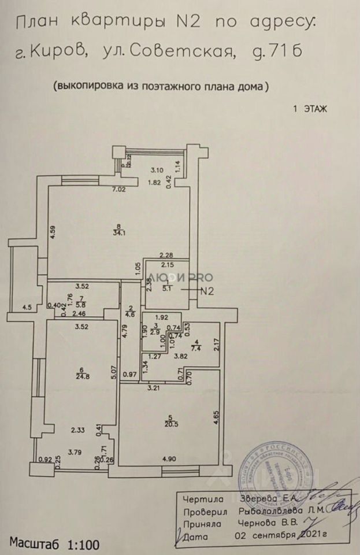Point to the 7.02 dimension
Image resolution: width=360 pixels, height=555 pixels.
pyautogui.click(x=119, y=189)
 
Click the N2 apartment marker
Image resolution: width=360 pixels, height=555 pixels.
pyautogui.click(x=206, y=292)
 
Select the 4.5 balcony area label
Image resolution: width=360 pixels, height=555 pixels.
pyautogui.click(x=27, y=308)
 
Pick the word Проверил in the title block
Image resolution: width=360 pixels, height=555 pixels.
pyautogui.click(x=203, y=512)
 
